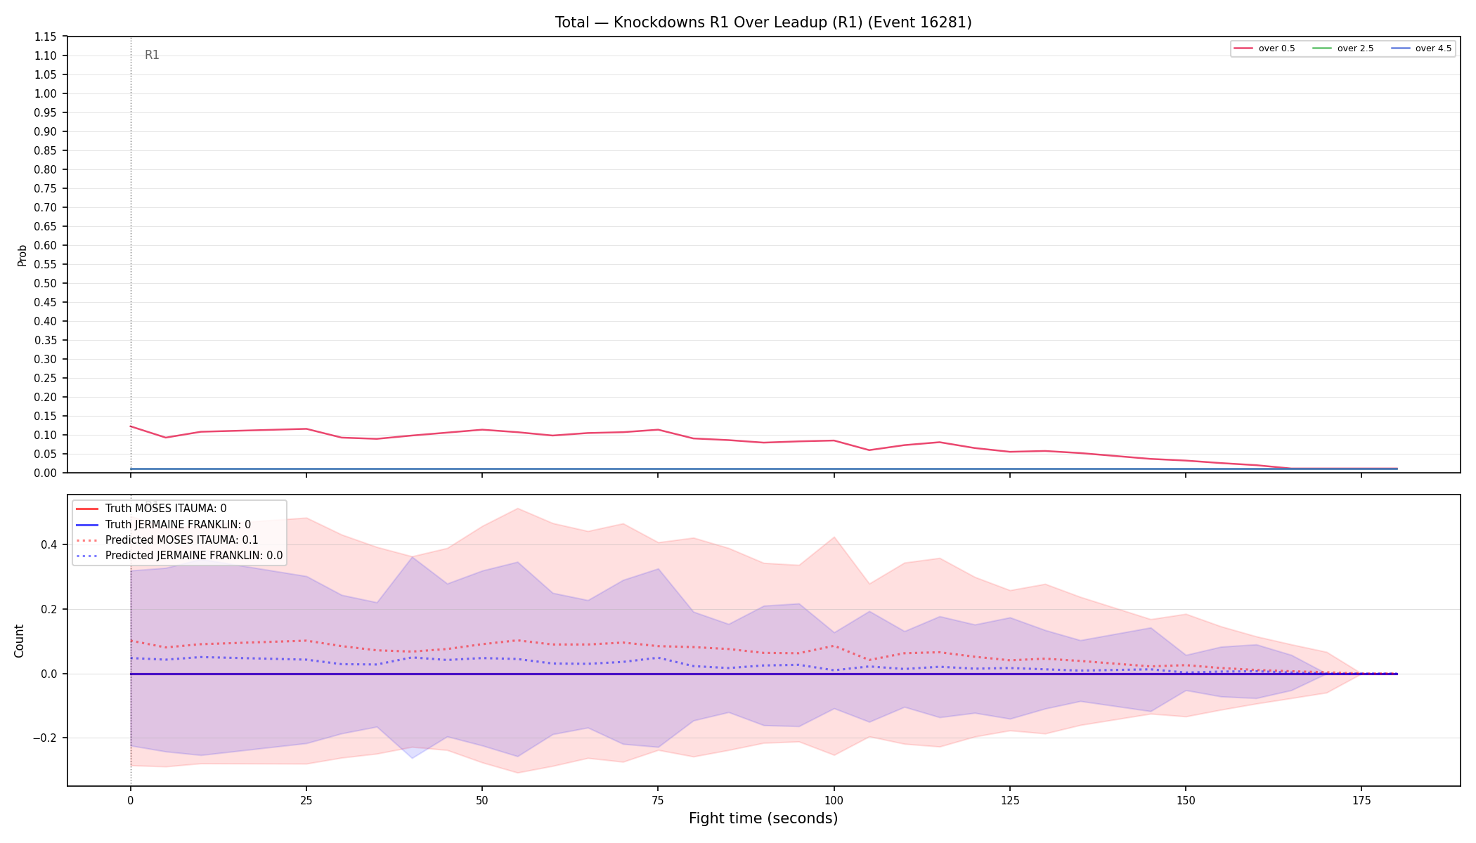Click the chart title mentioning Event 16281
pyautogui.click(x=763, y=22)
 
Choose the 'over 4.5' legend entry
pyautogui.click(x=1421, y=48)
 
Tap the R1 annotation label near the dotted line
pyautogui.click(x=152, y=55)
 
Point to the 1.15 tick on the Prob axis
pyautogui.click(x=46, y=37)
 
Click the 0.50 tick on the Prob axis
pyautogui.click(x=46, y=284)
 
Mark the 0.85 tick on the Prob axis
pyautogui.click(x=46, y=151)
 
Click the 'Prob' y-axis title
pyautogui.click(x=22, y=255)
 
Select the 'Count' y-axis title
pyautogui.click(x=19, y=641)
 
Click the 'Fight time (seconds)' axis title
pyautogui.click(x=763, y=818)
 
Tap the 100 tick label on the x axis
pyautogui.click(x=834, y=800)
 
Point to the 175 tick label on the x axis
pyautogui.click(x=1361, y=800)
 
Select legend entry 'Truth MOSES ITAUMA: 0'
pyautogui.click(x=166, y=509)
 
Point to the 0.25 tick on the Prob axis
pyautogui.click(x=46, y=379)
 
